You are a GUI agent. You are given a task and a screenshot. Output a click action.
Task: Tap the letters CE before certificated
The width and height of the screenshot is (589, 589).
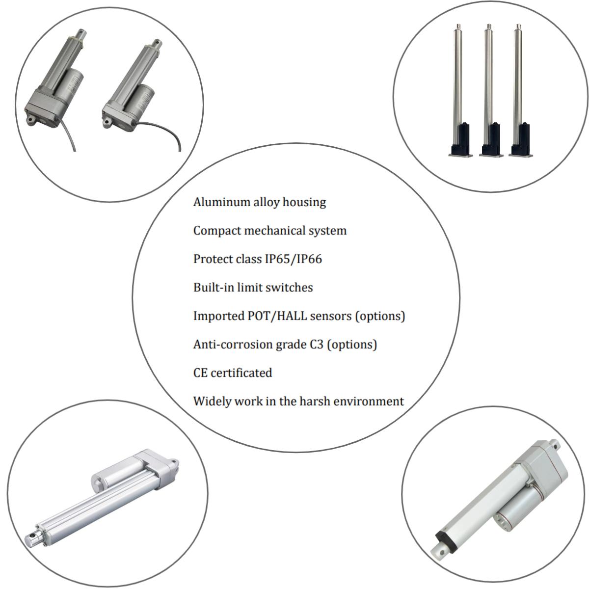200,373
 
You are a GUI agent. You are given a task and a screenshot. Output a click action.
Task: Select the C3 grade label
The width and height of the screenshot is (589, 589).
317,344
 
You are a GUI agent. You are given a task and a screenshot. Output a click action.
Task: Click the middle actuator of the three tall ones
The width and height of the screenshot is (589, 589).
488,88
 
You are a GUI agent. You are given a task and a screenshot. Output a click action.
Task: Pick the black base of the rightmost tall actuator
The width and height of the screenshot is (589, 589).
521,140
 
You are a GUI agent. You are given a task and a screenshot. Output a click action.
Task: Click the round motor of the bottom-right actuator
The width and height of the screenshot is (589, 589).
510,515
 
